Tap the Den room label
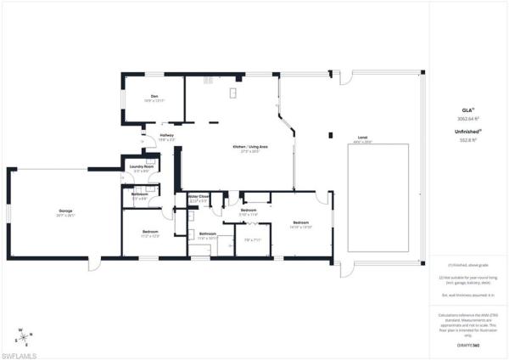click(155, 97)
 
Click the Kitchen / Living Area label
click(250, 147)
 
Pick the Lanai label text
click(362, 138)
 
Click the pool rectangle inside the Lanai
click(378, 197)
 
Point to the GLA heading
click(466, 110)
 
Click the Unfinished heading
click(466, 132)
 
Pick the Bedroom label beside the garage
click(150, 231)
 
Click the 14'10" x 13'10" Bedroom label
click(300, 227)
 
